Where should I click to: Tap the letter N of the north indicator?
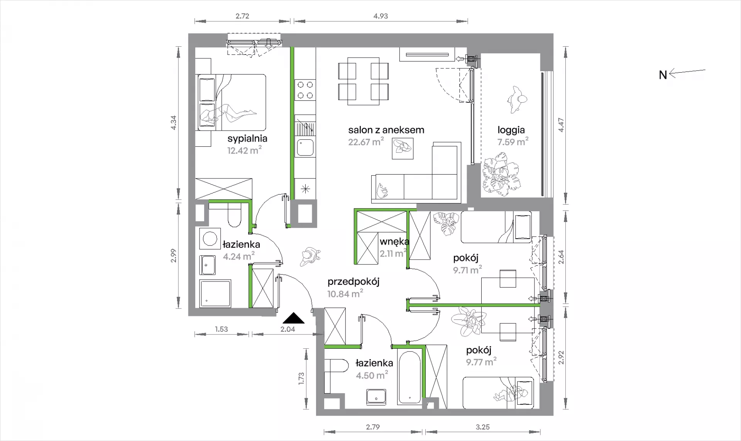[x=663, y=75]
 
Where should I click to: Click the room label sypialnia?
[x=247, y=138]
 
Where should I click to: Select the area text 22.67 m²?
[x=366, y=142]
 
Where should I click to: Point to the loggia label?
[x=511, y=131]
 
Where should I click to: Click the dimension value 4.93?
[x=381, y=16]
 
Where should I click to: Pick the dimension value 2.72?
[x=242, y=16]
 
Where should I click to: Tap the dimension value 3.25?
[x=482, y=427]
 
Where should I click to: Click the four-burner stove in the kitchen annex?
[x=305, y=90]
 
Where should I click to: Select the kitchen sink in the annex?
[x=305, y=147]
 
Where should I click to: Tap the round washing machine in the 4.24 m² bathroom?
[x=210, y=239]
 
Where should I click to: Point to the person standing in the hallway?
[x=310, y=256]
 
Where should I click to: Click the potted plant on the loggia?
[x=501, y=175]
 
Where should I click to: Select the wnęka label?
[x=394, y=242]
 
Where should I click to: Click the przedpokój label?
[x=353, y=282]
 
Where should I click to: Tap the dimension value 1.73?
[x=301, y=378]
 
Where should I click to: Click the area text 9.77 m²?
[x=481, y=362]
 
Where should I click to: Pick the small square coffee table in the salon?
[x=403, y=149]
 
